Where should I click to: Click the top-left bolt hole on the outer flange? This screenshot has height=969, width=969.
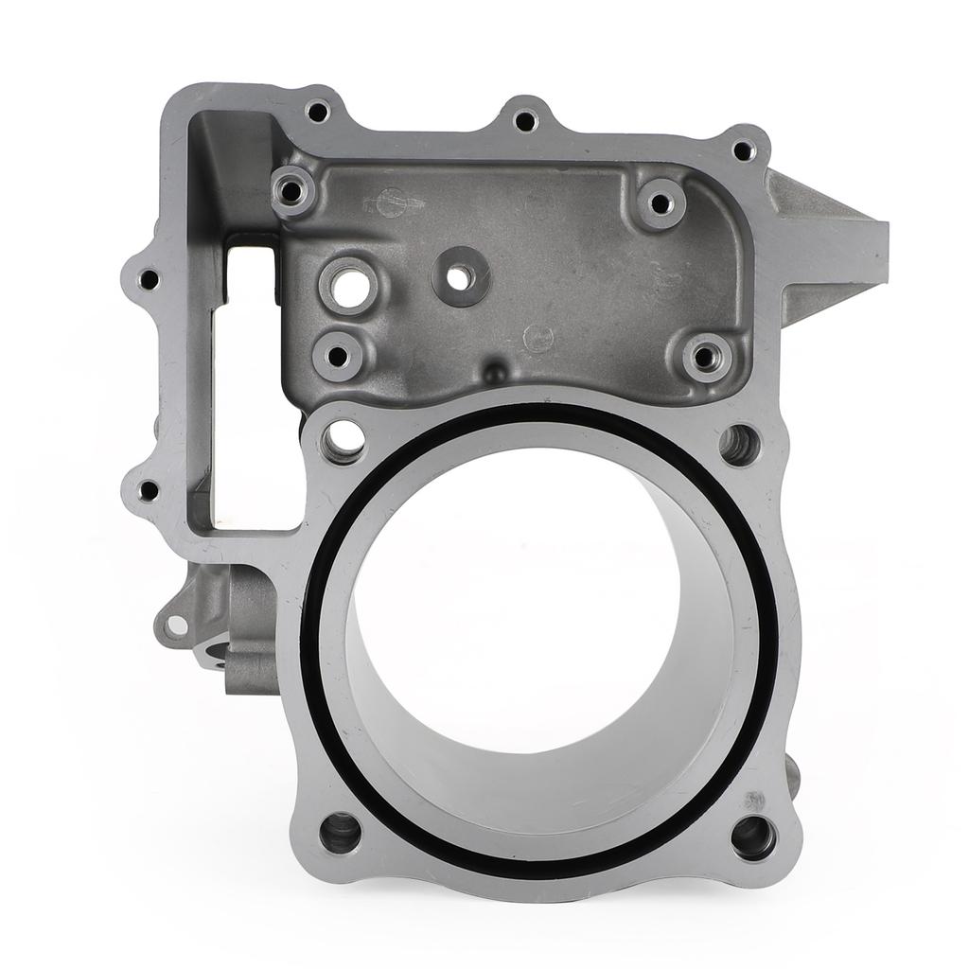coord(318,112)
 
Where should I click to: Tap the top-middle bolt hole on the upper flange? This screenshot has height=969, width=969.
coord(525,120)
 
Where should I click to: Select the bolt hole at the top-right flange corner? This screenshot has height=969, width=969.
coord(744,150)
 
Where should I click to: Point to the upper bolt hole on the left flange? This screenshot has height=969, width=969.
coord(149,279)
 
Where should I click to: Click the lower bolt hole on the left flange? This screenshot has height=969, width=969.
coord(149,491)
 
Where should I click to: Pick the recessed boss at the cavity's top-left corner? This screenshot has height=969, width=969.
coord(291,192)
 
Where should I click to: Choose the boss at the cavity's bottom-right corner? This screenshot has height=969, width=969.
coord(704,357)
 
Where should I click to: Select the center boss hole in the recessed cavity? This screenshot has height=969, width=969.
coord(460,276)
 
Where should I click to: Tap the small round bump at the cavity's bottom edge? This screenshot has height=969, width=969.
coord(494,371)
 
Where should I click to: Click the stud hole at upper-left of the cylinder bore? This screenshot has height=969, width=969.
coord(344,438)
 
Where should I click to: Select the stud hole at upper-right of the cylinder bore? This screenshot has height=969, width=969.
coord(739,444)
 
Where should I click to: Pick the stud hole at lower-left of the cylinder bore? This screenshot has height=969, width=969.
coord(340,832)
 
